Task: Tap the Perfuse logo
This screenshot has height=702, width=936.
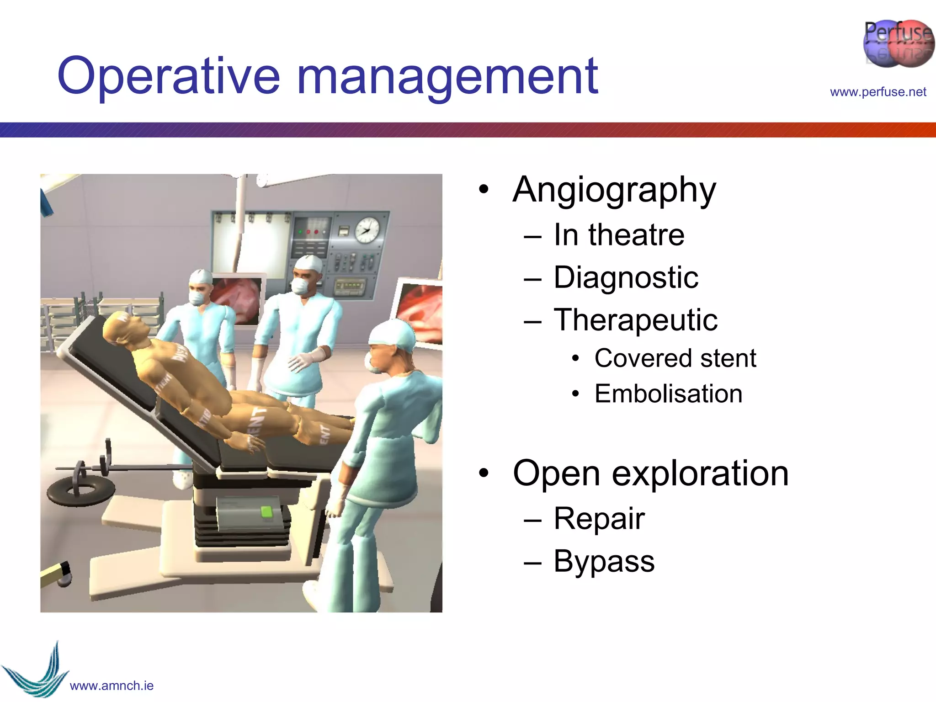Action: click(898, 44)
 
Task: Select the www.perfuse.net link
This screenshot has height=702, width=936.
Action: click(877, 92)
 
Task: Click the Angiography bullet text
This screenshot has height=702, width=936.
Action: click(614, 190)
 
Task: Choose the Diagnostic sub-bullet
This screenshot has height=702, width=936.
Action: click(625, 277)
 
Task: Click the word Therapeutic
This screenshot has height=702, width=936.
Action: click(635, 320)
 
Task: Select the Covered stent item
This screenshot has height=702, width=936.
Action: click(675, 358)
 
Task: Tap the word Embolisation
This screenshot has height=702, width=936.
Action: click(668, 394)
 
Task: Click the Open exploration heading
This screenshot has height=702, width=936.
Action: click(650, 473)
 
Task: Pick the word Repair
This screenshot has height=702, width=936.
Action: click(599, 519)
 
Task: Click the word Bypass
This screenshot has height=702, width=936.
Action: click(604, 561)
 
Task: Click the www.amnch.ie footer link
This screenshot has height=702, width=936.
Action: click(112, 686)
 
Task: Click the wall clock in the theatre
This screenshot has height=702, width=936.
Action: click(367, 230)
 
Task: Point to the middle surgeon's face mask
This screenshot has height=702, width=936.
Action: click(300, 287)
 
